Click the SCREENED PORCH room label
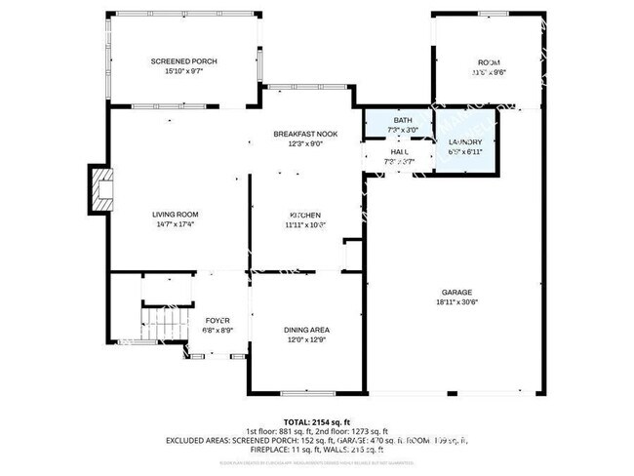tap(183, 61)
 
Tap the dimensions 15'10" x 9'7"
tap(183, 72)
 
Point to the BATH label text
tap(402, 120)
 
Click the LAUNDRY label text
tap(465, 142)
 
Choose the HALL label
tap(401, 152)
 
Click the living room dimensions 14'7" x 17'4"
tap(175, 224)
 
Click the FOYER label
tap(217, 320)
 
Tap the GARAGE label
tap(456, 292)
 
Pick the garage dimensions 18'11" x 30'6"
tap(456, 302)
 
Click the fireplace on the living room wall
tap(99, 188)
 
